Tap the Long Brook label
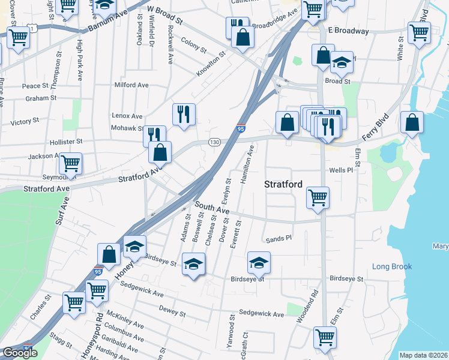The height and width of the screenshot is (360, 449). [x=391, y=266]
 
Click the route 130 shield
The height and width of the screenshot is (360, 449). [x=214, y=142]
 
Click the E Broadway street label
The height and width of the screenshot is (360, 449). [x=349, y=31]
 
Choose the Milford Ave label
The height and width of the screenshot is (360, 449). [x=131, y=85]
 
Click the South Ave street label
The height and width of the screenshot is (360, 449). [x=211, y=208]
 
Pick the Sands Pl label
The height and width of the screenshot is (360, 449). [x=279, y=238]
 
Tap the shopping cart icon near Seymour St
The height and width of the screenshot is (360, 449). [x=70, y=162]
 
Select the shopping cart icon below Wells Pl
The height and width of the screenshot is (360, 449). [x=318, y=196]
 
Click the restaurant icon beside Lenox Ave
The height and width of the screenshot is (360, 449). [x=184, y=113]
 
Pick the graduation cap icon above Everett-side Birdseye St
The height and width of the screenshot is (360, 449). [x=259, y=262]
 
